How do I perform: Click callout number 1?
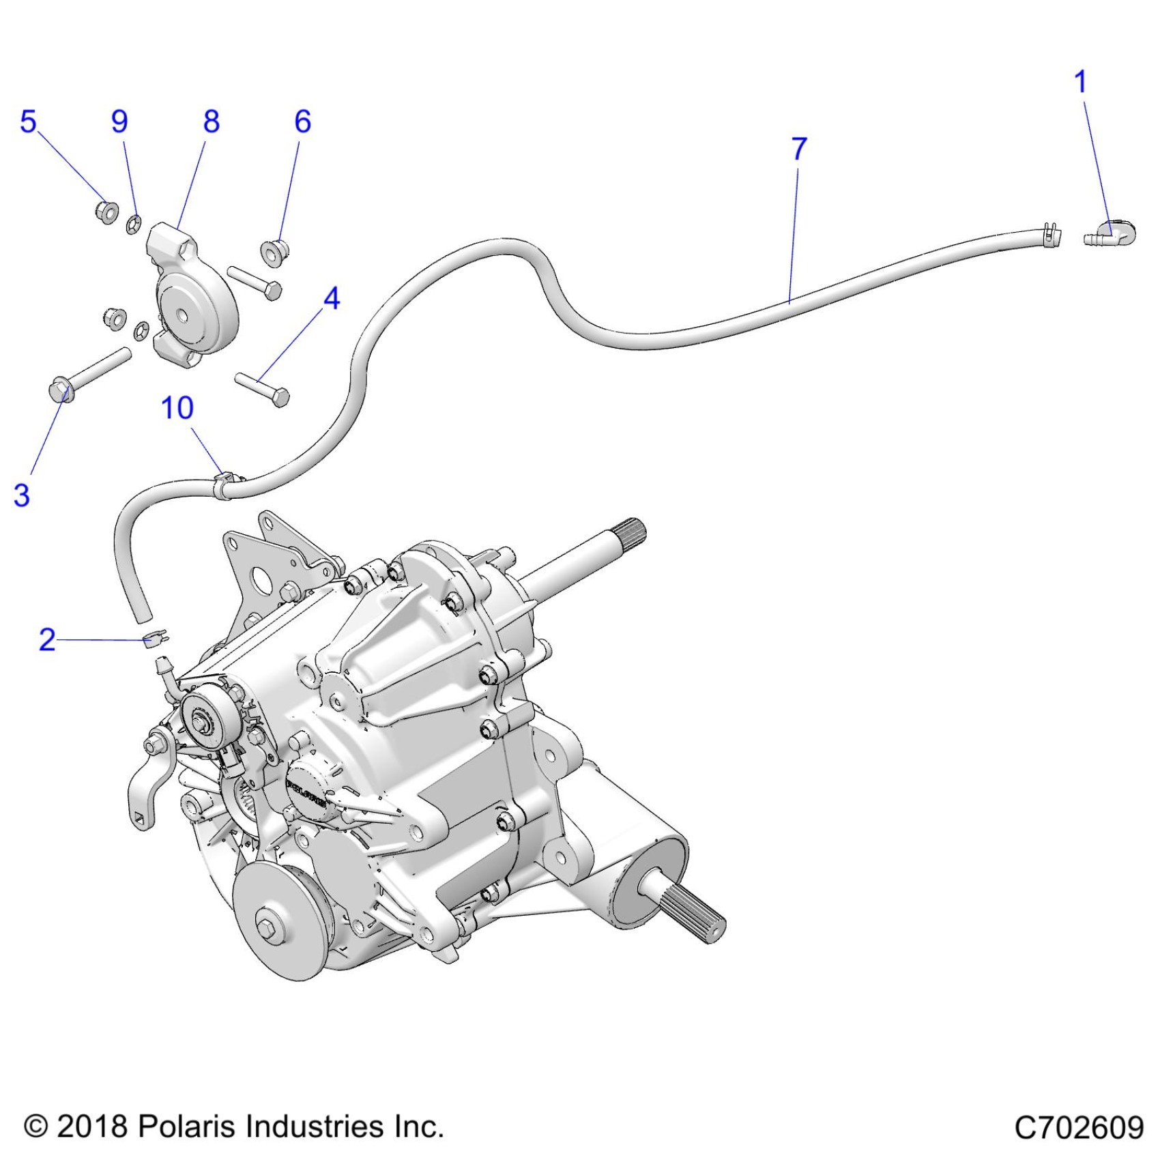1079,82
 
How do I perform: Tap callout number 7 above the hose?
799,149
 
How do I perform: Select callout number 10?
177,408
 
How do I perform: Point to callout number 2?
46,640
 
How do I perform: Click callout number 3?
22,495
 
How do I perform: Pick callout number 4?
331,298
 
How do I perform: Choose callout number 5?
28,121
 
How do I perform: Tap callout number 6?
302,121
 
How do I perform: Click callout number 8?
211,121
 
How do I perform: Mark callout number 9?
119,121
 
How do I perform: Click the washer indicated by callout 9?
134,223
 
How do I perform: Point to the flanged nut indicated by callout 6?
275,252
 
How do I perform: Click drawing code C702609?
1078,1127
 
